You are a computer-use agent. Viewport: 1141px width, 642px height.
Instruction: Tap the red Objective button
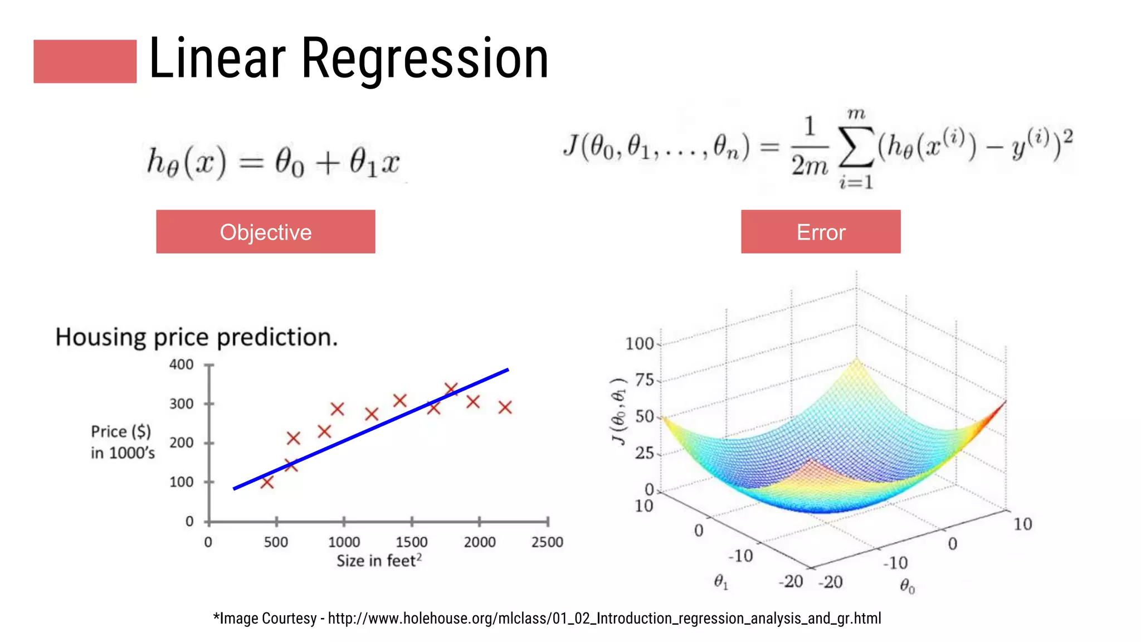pyautogui.click(x=265, y=232)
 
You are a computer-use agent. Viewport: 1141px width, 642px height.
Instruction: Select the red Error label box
pyautogui.click(x=820, y=232)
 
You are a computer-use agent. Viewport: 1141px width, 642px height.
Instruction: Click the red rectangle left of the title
pyautogui.click(x=85, y=61)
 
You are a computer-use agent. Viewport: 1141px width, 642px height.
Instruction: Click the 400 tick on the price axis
pyautogui.click(x=182, y=365)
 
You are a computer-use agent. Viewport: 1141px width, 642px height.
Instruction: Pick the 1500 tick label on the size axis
pyautogui.click(x=411, y=542)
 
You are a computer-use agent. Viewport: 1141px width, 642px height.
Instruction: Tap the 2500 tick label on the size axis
pyautogui.click(x=547, y=542)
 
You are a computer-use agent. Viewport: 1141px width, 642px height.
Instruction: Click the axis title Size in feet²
pyautogui.click(x=379, y=561)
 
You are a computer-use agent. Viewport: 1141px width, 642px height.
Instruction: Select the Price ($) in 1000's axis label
pyautogui.click(x=123, y=442)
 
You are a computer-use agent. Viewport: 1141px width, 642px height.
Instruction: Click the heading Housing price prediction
pyautogui.click(x=196, y=337)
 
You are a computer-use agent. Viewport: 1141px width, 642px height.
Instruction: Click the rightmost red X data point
pyautogui.click(x=505, y=407)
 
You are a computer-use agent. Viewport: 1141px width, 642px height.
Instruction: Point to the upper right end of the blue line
pyautogui.click(x=507, y=369)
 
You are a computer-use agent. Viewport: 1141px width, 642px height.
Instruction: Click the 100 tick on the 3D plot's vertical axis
pyautogui.click(x=639, y=344)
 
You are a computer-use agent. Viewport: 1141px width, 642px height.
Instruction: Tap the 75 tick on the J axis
pyautogui.click(x=644, y=380)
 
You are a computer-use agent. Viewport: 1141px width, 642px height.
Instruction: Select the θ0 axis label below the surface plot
pyautogui.click(x=907, y=586)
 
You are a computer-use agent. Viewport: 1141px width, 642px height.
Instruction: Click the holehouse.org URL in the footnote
pyautogui.click(x=604, y=619)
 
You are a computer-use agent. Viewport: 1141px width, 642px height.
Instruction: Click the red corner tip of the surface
pyautogui.click(x=1005, y=402)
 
